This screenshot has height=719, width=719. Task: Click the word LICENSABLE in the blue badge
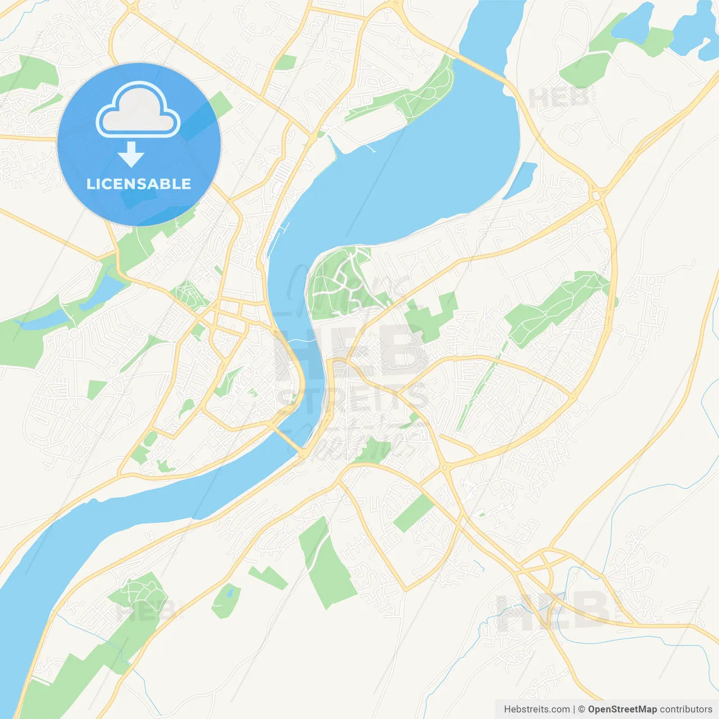pyautogui.click(x=139, y=184)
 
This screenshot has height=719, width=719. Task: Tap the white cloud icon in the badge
pyautogui.click(x=138, y=110)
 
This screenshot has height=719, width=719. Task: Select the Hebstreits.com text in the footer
pyautogui.click(x=537, y=709)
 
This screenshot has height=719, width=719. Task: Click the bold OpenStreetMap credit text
pyautogui.click(x=622, y=709)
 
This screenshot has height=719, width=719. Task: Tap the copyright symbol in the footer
pyautogui.click(x=581, y=709)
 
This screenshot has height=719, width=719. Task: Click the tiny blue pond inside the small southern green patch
pyautogui.click(x=229, y=593)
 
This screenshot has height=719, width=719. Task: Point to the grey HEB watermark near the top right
pyautogui.click(x=559, y=98)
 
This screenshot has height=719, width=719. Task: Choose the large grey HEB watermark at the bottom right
pyautogui.click(x=553, y=611)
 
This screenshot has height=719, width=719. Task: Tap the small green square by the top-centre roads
pyautogui.click(x=286, y=62)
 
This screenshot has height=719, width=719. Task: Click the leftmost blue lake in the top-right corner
pyautogui.click(x=634, y=23)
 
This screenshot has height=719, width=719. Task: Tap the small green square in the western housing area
pyautogui.click(x=96, y=389)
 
